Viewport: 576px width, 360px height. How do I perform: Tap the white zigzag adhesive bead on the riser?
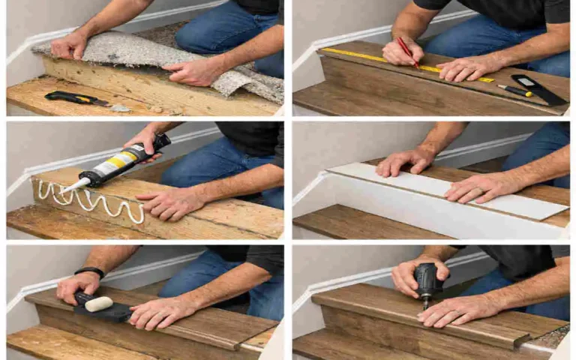coord(90,201)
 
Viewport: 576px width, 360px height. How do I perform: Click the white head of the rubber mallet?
coord(98,304)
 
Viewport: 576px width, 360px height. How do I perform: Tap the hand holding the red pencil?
coord(401,52)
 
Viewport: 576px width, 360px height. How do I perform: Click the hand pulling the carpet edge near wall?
coord(70,46)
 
